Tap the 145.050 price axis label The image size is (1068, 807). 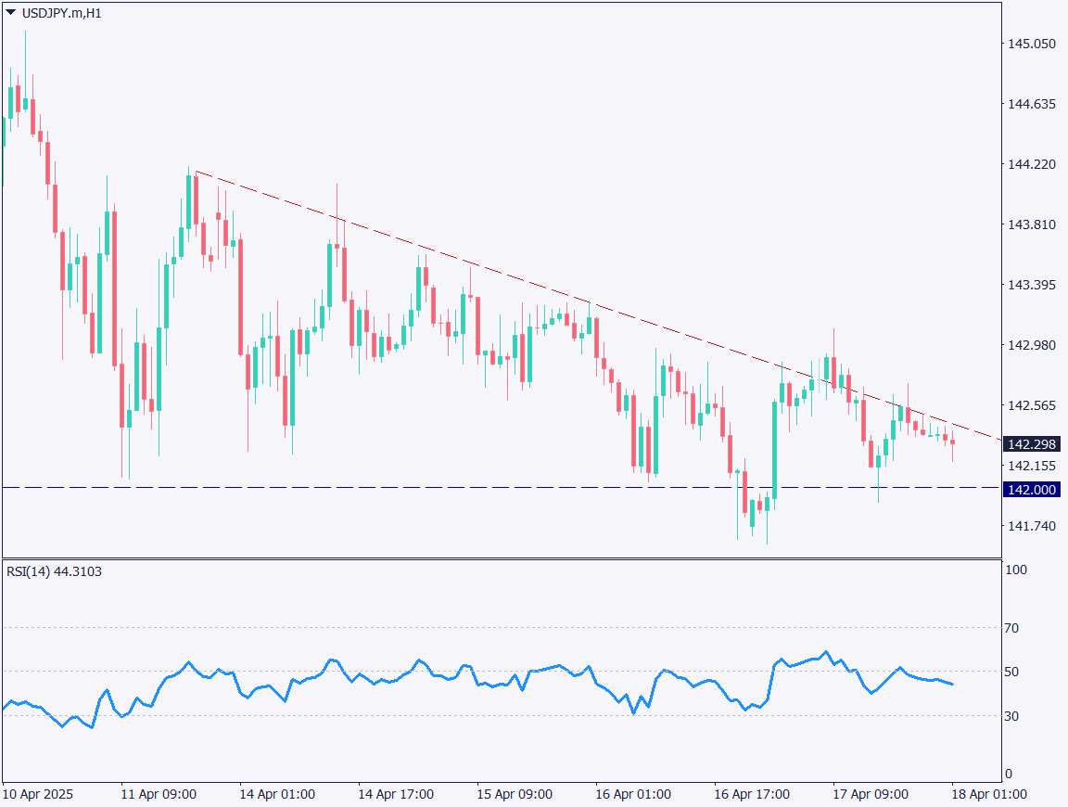point(1031,44)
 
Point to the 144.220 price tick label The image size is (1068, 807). point(1031,164)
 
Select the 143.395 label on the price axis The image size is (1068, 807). point(1031,285)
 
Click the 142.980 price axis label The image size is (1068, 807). point(1031,345)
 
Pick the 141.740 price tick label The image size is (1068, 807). point(1031,526)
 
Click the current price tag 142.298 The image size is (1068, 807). point(1031,444)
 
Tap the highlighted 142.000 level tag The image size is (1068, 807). point(1031,490)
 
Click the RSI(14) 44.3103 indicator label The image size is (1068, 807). point(54,571)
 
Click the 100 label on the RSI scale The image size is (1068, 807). point(1017,570)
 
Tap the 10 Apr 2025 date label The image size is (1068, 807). point(38,795)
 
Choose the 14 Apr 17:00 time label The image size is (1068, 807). point(396,795)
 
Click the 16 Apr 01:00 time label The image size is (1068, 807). point(633,795)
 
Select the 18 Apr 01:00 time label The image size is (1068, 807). point(989,795)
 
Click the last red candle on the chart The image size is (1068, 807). point(952,442)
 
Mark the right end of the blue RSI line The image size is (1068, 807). point(953,685)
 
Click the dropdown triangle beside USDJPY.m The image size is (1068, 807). point(10,13)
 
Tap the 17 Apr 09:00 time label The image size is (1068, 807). point(871,795)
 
